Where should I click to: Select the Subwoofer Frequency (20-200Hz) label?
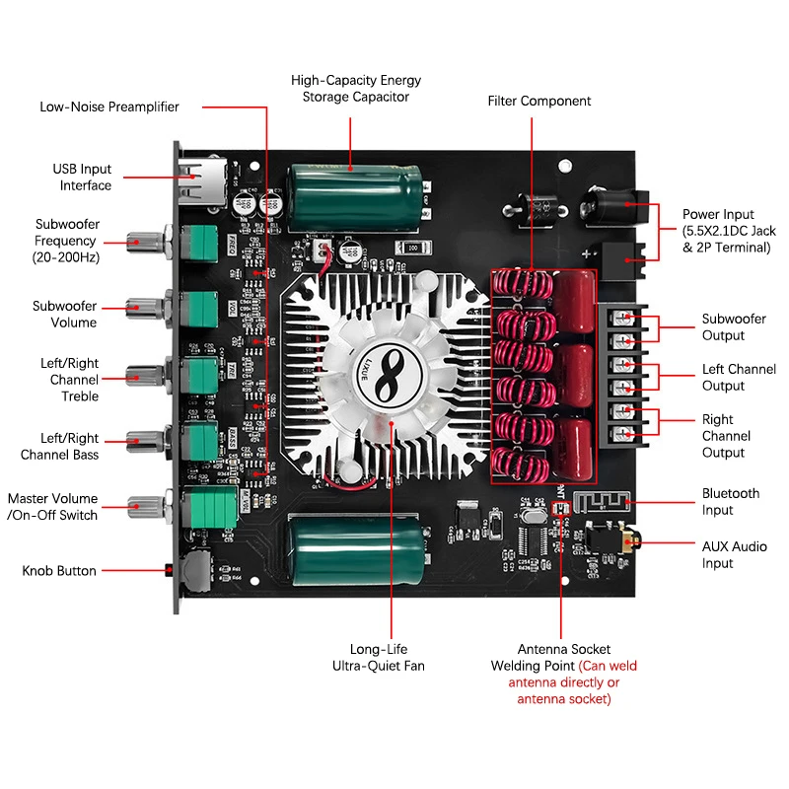66,241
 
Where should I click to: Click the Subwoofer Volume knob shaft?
148,306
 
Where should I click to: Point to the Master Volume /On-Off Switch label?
52,507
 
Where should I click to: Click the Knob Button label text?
59,571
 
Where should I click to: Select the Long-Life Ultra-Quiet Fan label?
392,658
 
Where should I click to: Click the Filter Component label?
539,101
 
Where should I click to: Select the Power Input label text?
729,231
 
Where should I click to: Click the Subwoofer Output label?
734,327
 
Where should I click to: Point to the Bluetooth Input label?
731,501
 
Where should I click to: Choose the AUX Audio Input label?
734,554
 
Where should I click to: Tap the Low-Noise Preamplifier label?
109,107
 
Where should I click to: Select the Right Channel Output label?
726,436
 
